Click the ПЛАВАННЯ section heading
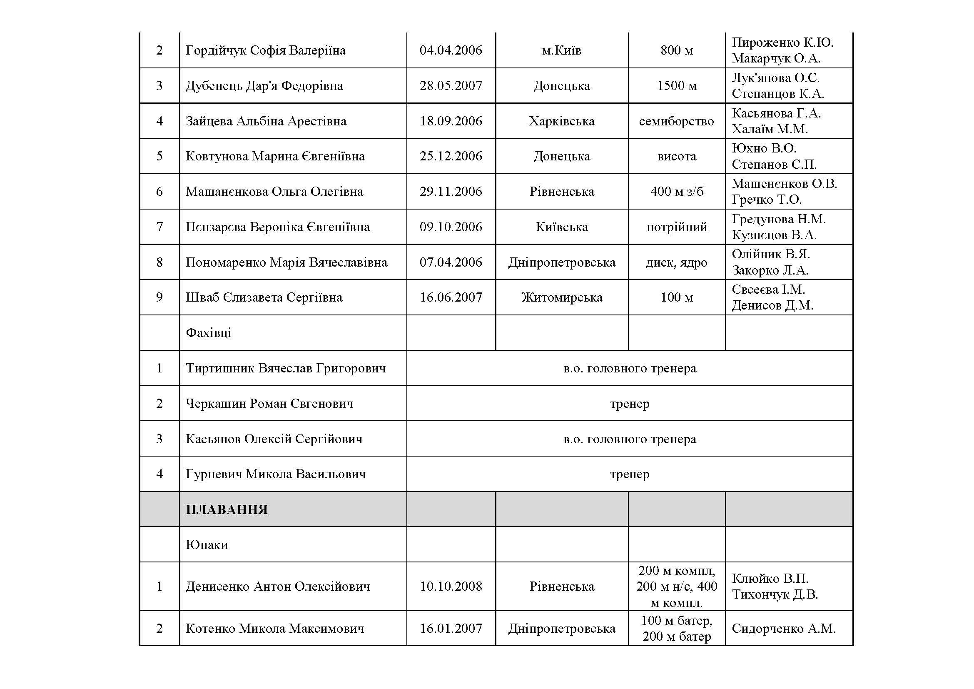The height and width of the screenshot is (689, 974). (x=227, y=509)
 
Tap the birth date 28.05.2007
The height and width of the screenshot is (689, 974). (x=451, y=86)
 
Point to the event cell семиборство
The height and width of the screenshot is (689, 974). (x=676, y=121)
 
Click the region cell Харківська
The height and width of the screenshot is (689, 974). (x=562, y=121)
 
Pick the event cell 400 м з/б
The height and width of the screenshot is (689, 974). (x=677, y=191)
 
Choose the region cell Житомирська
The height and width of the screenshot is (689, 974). (x=562, y=297)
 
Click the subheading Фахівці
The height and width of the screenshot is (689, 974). (x=208, y=332)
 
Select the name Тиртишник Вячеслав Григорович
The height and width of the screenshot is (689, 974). (x=286, y=368)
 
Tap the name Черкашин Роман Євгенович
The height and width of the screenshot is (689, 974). (x=269, y=403)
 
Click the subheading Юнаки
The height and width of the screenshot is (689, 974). (x=207, y=544)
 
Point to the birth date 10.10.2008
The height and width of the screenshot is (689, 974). (x=451, y=587)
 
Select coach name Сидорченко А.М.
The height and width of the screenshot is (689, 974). (x=784, y=628)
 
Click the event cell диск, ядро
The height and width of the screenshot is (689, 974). (x=677, y=262)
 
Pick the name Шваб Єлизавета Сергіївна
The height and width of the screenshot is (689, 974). (x=264, y=297)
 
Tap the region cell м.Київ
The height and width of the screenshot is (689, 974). (x=562, y=50)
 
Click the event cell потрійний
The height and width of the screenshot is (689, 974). (x=677, y=227)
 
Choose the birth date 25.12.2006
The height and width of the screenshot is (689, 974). (x=451, y=156)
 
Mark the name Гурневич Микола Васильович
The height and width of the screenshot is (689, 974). (x=275, y=474)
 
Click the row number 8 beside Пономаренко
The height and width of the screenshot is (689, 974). (x=159, y=262)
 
